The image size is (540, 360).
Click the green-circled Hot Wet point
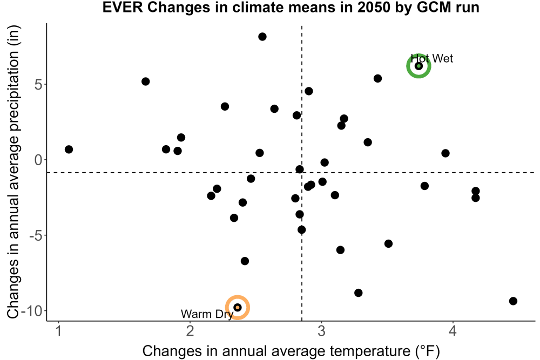(418, 66)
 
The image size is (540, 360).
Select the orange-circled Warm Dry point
(237, 307)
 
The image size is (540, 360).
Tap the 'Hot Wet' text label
(432, 58)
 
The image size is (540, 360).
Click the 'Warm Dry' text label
(207, 314)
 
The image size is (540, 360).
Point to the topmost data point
(262, 37)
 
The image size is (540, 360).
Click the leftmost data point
(69, 150)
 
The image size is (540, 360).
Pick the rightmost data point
(513, 301)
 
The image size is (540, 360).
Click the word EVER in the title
(123, 7)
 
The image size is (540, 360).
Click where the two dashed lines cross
(302, 172)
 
